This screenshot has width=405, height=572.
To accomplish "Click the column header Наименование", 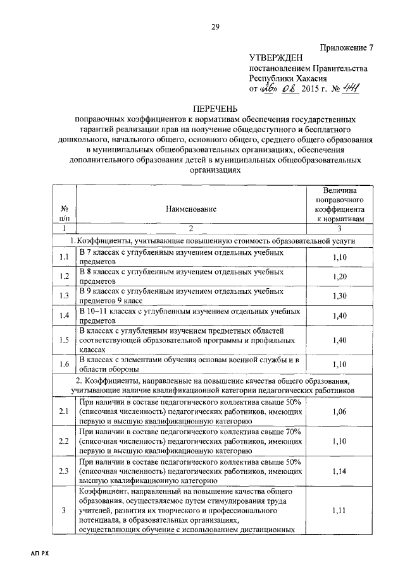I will click(x=191, y=208).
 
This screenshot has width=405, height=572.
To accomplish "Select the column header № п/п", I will click(x=64, y=213).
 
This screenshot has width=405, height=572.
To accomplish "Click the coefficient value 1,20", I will click(x=340, y=276).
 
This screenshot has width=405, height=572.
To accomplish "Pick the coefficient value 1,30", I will click(x=340, y=296).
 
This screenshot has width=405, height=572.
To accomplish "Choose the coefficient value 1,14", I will click(x=340, y=470).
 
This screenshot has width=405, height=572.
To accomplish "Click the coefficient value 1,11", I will click(x=340, y=511).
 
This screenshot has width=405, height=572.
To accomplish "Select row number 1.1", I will click(x=64, y=257).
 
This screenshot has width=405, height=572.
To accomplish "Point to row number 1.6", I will click(x=64, y=365).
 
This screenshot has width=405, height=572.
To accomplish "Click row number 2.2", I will click(x=64, y=441).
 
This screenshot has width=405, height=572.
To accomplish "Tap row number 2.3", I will click(x=64, y=470).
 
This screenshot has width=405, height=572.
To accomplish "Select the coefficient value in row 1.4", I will click(x=340, y=315).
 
